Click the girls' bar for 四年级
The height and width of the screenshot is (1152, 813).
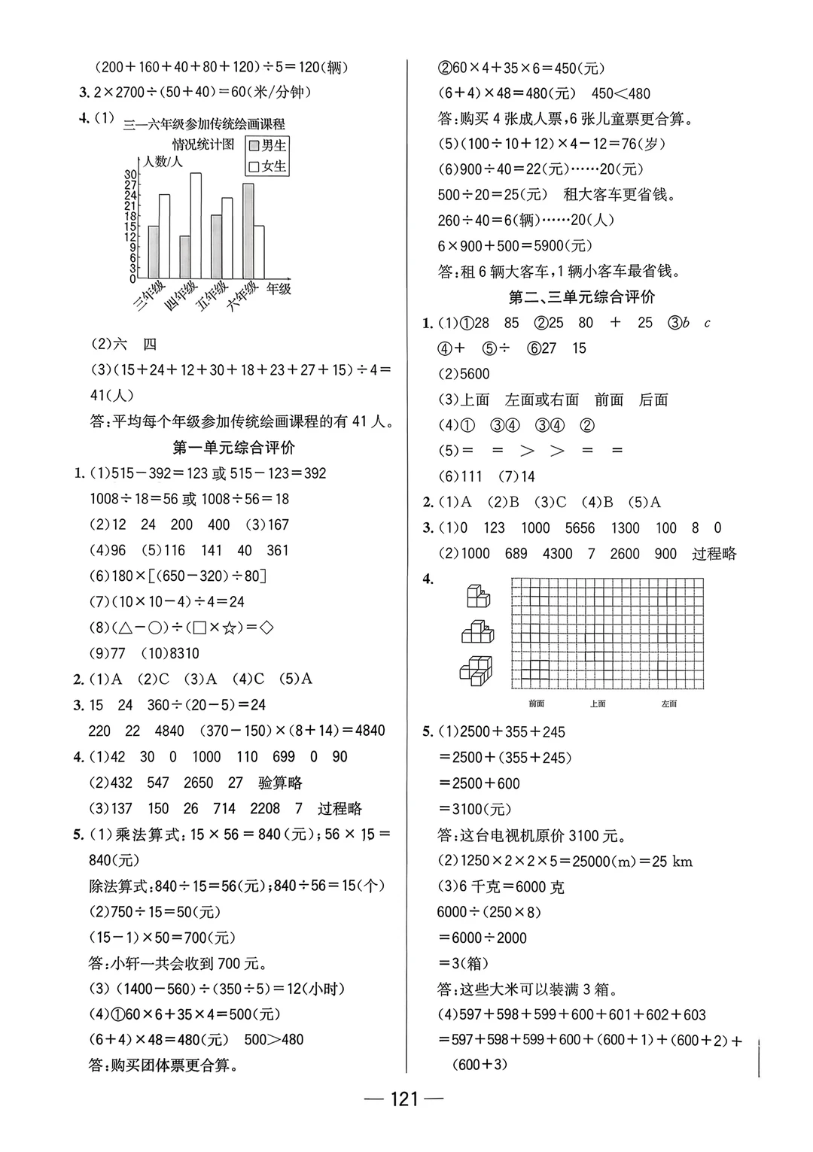pos(195,226)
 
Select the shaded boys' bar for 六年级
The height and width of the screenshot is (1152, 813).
pos(248,231)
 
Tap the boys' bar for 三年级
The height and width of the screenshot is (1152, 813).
pos(153,252)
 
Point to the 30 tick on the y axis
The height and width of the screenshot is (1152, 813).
pos(131,175)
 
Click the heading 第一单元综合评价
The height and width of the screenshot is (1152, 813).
pos(233,448)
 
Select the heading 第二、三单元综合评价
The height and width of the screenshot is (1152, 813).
pos(582,297)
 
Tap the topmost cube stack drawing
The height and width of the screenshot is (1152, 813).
pos(477,597)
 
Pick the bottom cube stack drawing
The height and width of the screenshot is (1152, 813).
pos(477,670)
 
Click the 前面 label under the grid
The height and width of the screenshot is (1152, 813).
pos(536,704)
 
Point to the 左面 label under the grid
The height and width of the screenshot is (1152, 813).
pos(668,704)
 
